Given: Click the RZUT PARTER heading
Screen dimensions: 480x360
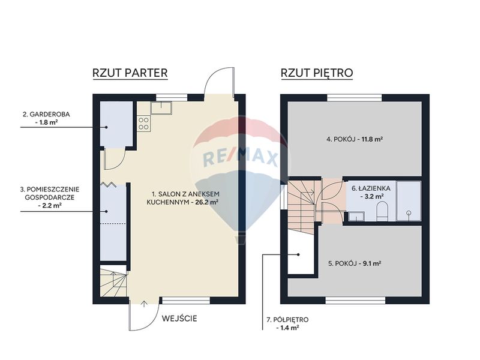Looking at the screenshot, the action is click(x=130, y=73).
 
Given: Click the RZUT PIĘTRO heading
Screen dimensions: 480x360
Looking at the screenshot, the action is click(x=317, y=73).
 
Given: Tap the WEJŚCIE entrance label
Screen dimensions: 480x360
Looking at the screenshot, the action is click(x=179, y=319).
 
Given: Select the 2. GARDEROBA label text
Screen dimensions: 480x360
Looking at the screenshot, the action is click(x=47, y=114).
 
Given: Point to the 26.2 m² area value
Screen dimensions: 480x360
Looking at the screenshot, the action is click(x=207, y=202).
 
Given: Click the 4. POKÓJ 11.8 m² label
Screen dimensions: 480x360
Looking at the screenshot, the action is click(x=355, y=139).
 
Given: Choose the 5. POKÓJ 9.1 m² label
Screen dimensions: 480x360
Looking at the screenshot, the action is click(x=355, y=263).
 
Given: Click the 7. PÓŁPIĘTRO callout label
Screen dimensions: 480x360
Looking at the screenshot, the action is click(x=287, y=323).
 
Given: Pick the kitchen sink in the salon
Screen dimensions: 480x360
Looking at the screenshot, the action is click(x=161, y=107).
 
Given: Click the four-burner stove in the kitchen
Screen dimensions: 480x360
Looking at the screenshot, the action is click(x=143, y=124).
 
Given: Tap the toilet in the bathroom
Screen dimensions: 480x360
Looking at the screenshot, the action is click(x=382, y=211).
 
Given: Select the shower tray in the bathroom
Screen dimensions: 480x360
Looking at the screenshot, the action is click(x=409, y=201).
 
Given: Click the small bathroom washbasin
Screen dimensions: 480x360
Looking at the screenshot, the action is click(x=356, y=216).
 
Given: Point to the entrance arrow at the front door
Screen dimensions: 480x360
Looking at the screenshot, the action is click(x=144, y=304).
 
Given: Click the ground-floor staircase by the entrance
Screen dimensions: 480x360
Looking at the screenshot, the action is click(x=113, y=281).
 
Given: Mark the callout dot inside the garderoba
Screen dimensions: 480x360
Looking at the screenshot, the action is click(x=107, y=127).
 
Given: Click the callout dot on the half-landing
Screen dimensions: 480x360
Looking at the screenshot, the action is click(x=298, y=254).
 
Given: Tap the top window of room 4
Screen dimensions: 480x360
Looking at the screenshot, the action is click(x=355, y=98).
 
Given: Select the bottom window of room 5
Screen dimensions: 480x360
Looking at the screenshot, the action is click(x=355, y=301).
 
